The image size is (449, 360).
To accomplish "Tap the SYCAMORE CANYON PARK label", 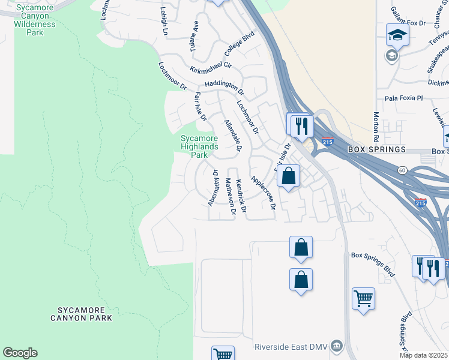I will click(x=85, y=314).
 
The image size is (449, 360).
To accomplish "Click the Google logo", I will click(x=20, y=353).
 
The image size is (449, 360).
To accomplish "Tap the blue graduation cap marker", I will click(x=397, y=35).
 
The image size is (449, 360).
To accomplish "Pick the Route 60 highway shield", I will click(x=402, y=170).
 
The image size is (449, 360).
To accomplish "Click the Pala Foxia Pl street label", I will click(x=404, y=98).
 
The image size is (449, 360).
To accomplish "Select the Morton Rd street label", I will click(x=376, y=126).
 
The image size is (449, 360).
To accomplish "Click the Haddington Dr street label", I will click(x=224, y=88).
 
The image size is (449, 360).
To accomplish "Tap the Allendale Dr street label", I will click(x=232, y=136).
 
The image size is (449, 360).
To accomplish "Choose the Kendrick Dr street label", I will click(x=241, y=196).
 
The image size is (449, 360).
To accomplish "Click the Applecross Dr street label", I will click(x=264, y=192).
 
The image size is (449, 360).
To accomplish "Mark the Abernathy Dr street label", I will click(x=212, y=188).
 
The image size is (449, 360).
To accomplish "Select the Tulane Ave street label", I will click(x=193, y=35).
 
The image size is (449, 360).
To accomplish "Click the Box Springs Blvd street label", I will click(x=373, y=264).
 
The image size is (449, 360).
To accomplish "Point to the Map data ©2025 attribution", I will click(x=423, y=355).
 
